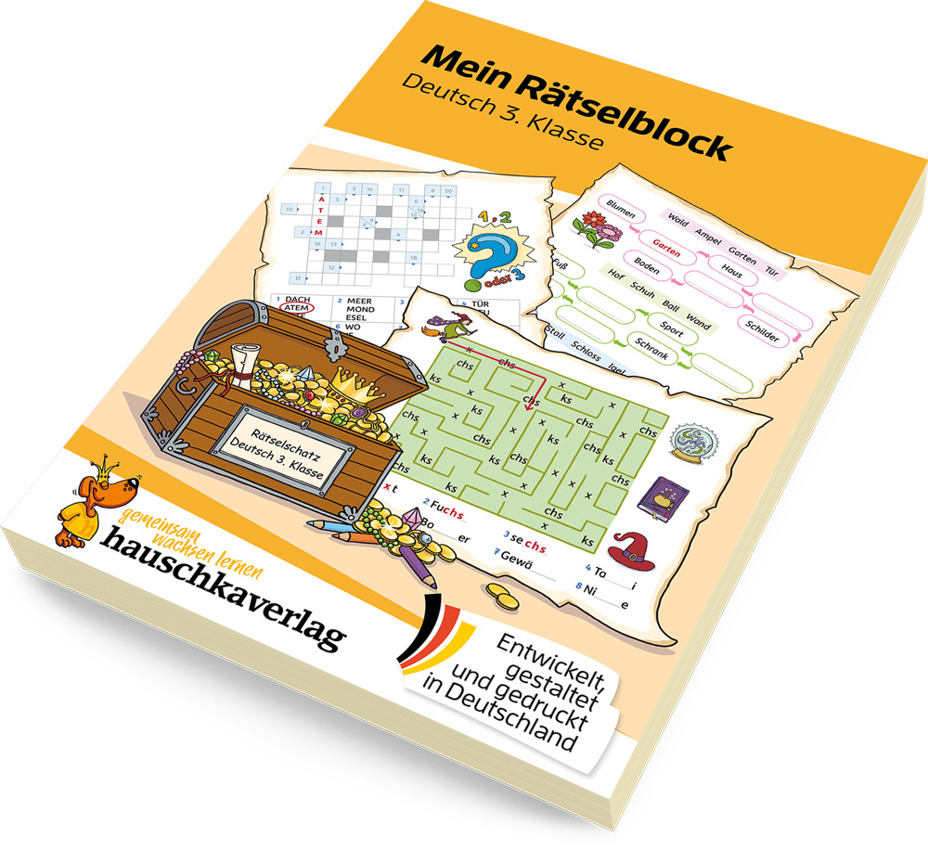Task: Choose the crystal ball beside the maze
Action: (690, 444)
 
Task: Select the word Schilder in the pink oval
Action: (761, 330)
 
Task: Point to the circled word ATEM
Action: (294, 307)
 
